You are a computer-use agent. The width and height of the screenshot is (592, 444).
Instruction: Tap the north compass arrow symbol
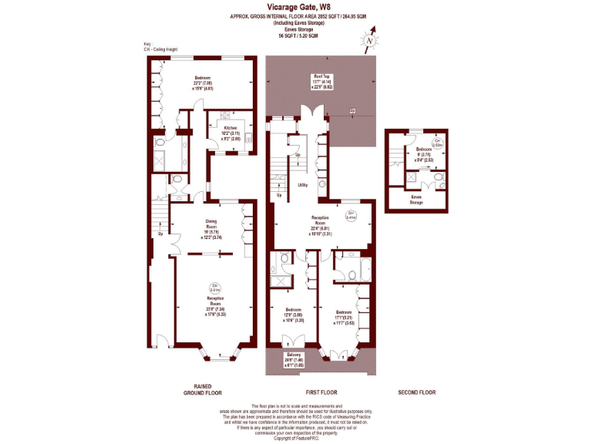[x=371, y=41]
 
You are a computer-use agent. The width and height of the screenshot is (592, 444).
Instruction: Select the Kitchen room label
[x=231, y=129]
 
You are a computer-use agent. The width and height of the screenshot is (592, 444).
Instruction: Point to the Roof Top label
[x=321, y=76]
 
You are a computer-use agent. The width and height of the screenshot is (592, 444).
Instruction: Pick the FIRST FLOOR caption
[x=319, y=392]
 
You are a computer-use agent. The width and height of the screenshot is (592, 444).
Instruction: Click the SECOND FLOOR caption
[x=416, y=392]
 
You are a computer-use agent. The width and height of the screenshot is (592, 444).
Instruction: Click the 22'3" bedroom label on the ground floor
[x=203, y=78]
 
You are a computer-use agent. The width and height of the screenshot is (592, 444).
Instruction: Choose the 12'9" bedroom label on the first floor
[x=289, y=311]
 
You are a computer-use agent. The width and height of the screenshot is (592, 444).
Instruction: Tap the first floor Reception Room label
[x=320, y=218]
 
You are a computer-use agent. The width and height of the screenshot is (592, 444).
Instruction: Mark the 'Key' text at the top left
[x=147, y=45]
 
